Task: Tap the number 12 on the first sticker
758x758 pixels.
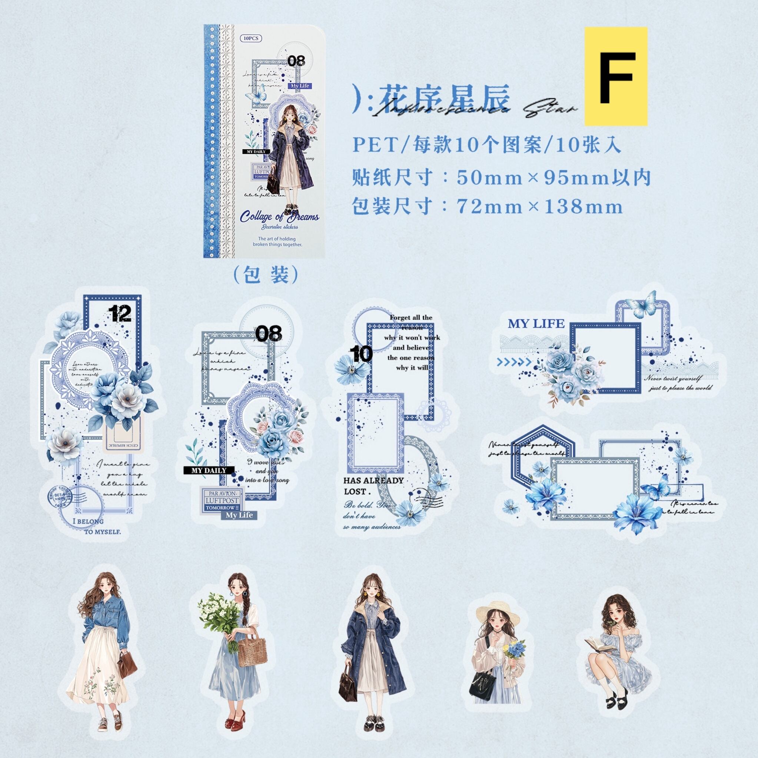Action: click(120, 313)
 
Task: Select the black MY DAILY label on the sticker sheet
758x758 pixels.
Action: click(209, 470)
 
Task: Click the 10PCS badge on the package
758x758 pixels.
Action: click(251, 39)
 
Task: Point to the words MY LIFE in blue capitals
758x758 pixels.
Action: click(536, 324)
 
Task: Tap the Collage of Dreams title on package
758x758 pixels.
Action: click(279, 216)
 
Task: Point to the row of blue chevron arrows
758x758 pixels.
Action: click(514, 361)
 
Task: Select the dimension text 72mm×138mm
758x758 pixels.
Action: click(539, 207)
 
